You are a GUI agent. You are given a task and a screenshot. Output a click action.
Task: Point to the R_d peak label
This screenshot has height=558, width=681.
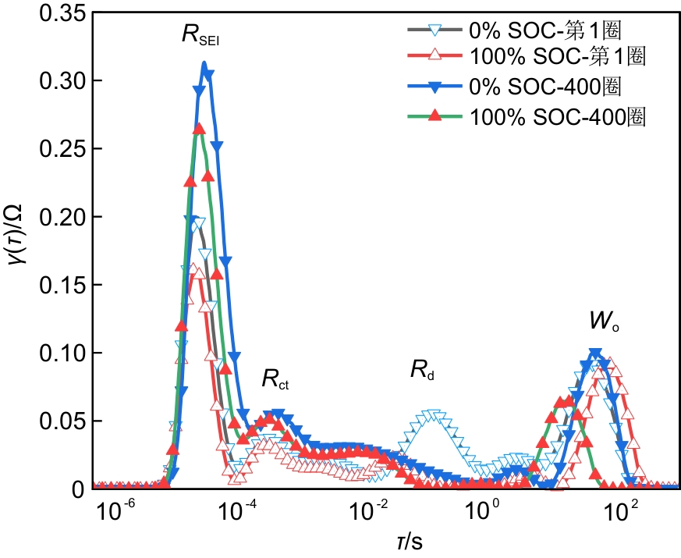[422, 371]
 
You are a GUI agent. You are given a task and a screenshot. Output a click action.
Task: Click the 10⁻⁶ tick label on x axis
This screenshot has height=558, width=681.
[120, 513]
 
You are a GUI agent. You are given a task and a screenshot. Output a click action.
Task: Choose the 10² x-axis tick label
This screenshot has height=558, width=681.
[622, 513]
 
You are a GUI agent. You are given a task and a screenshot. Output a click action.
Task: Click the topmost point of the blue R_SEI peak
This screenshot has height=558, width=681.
[204, 64]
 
